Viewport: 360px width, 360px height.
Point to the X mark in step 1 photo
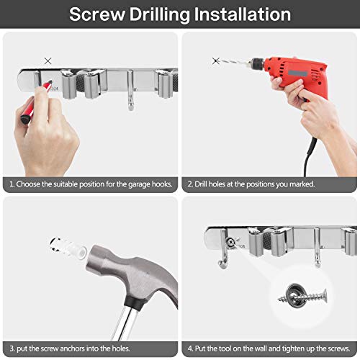point(48,62)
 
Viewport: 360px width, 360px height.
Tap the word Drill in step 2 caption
point(202,184)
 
